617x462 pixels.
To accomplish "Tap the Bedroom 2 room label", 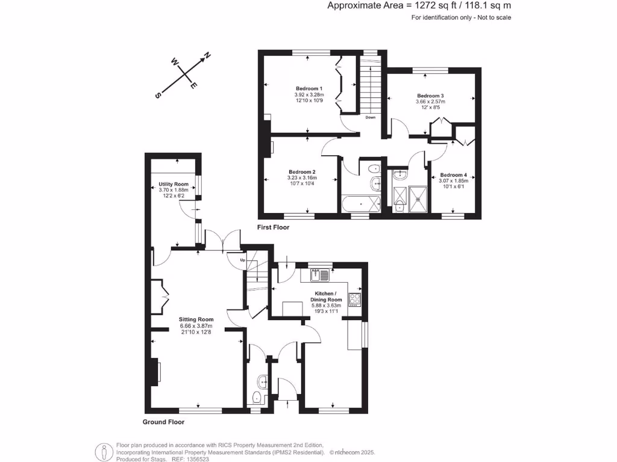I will pos(302,171).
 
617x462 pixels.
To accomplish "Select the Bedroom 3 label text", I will pos(430,96).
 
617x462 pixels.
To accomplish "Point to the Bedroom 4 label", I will pos(453,176).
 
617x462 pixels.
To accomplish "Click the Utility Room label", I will pos(174,184).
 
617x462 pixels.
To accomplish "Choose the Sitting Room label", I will pos(196,319).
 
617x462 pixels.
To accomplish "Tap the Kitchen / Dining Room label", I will pos(326,296).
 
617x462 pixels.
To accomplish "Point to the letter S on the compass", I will pos(158,96).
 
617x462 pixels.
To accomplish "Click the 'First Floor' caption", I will pos(273,227).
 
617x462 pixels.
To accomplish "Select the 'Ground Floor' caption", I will pos(163,422).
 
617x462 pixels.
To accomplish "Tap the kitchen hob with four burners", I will pos(354,300).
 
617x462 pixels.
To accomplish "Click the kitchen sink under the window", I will pos(319,276).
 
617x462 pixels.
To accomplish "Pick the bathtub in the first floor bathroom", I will pos(361,204).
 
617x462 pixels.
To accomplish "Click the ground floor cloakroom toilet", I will pos(256,397).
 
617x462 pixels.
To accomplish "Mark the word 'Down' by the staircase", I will pos(370,117).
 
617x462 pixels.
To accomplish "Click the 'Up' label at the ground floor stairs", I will pos(243,260).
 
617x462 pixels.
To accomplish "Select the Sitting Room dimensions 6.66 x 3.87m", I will pos(196,326).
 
